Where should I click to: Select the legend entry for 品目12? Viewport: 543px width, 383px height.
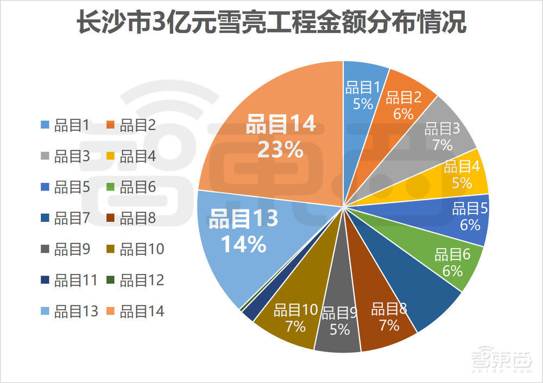pyautogui.click(x=136, y=280)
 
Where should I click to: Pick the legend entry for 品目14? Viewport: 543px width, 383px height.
pyautogui.click(x=136, y=311)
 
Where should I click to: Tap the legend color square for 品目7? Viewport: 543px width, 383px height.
pyautogui.click(x=45, y=219)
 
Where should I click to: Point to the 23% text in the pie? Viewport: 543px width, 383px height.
pyautogui.click(x=280, y=150)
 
